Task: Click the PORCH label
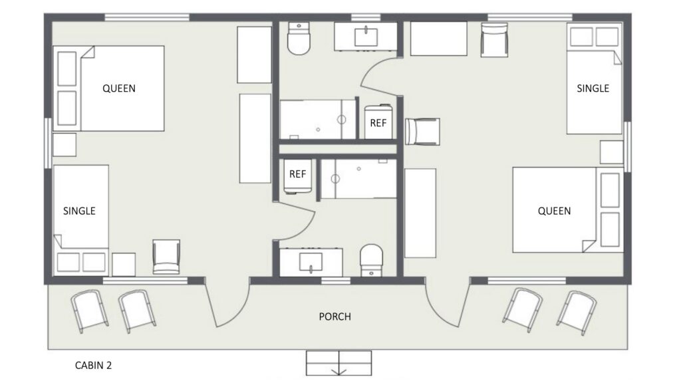pos(335,317)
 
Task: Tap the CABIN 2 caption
pos(93,366)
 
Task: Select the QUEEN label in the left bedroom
pos(119,88)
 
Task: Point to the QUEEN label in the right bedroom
pos(554,211)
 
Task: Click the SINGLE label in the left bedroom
pos(80,211)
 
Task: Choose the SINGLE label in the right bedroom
pos(593,88)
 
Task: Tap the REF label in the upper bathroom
pos(378,123)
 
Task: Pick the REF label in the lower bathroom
pos(297,174)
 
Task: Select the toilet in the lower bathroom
pos(372,260)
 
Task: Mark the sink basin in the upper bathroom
pos(366,37)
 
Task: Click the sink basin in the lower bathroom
pos(311,262)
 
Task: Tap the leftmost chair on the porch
pos(90,311)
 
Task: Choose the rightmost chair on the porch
pos(577,313)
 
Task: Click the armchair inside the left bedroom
pos(166,257)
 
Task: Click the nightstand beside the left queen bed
pos(65,144)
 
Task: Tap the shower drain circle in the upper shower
pos(342,120)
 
